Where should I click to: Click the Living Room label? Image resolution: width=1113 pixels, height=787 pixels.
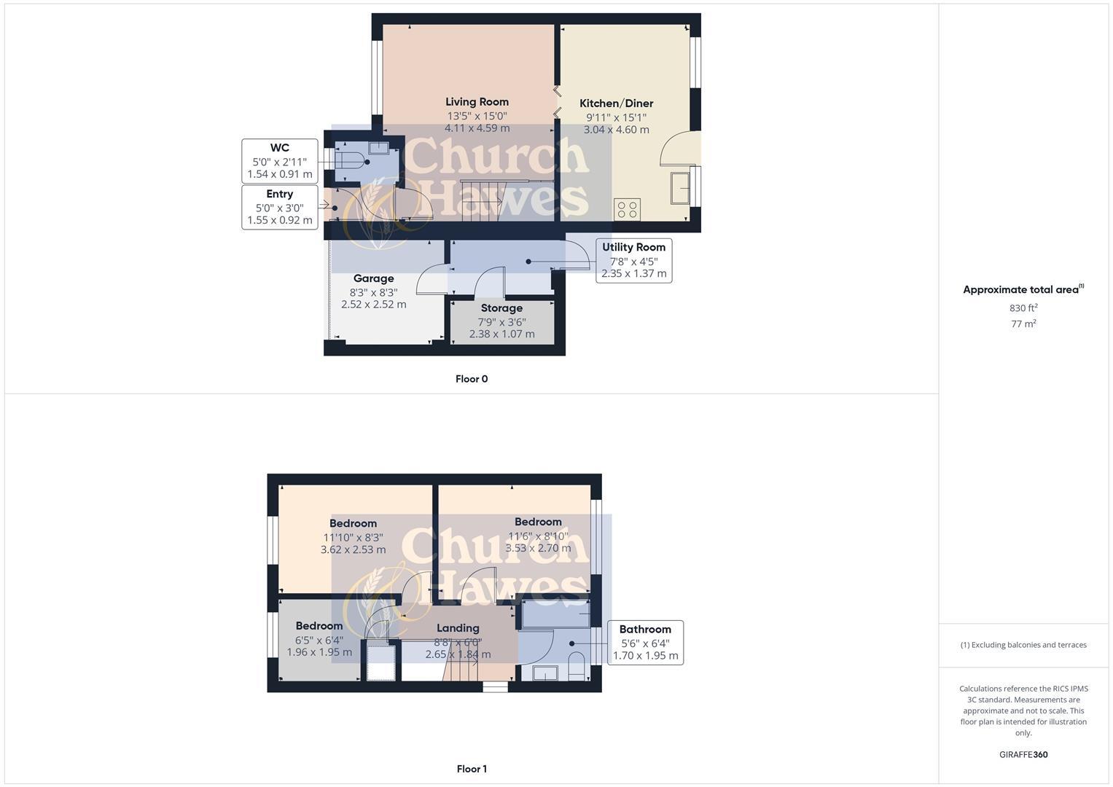(477, 102)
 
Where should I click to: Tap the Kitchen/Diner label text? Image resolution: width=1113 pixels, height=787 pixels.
(616, 103)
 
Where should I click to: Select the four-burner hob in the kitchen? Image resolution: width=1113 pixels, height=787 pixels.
(627, 209)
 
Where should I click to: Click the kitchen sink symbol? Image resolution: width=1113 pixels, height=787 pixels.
(681, 188)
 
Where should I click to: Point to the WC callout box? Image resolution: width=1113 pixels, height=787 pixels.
(280, 161)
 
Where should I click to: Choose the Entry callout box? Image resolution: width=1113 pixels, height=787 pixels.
(280, 207)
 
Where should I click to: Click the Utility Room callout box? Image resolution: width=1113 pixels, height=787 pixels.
(633, 260)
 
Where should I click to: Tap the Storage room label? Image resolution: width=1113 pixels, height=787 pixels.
(501, 308)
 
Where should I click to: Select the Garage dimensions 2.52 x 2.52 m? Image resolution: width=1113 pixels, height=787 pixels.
(374, 305)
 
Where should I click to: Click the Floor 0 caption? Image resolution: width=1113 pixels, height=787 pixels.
(472, 379)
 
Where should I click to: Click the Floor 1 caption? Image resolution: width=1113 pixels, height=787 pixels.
(472, 769)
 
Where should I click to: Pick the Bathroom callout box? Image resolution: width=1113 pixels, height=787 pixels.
(645, 642)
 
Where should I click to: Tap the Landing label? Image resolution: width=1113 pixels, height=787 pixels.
(458, 628)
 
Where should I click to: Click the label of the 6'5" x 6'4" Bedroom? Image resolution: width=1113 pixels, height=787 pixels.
(319, 626)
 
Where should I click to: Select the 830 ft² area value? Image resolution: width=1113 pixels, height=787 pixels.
(1023, 308)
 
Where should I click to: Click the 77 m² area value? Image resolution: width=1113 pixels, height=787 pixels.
(1023, 324)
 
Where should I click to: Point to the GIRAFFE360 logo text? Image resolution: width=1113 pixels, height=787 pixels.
(1023, 755)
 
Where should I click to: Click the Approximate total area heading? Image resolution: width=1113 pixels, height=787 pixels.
(1023, 289)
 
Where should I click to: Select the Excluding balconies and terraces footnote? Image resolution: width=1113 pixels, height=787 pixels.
(1023, 645)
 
